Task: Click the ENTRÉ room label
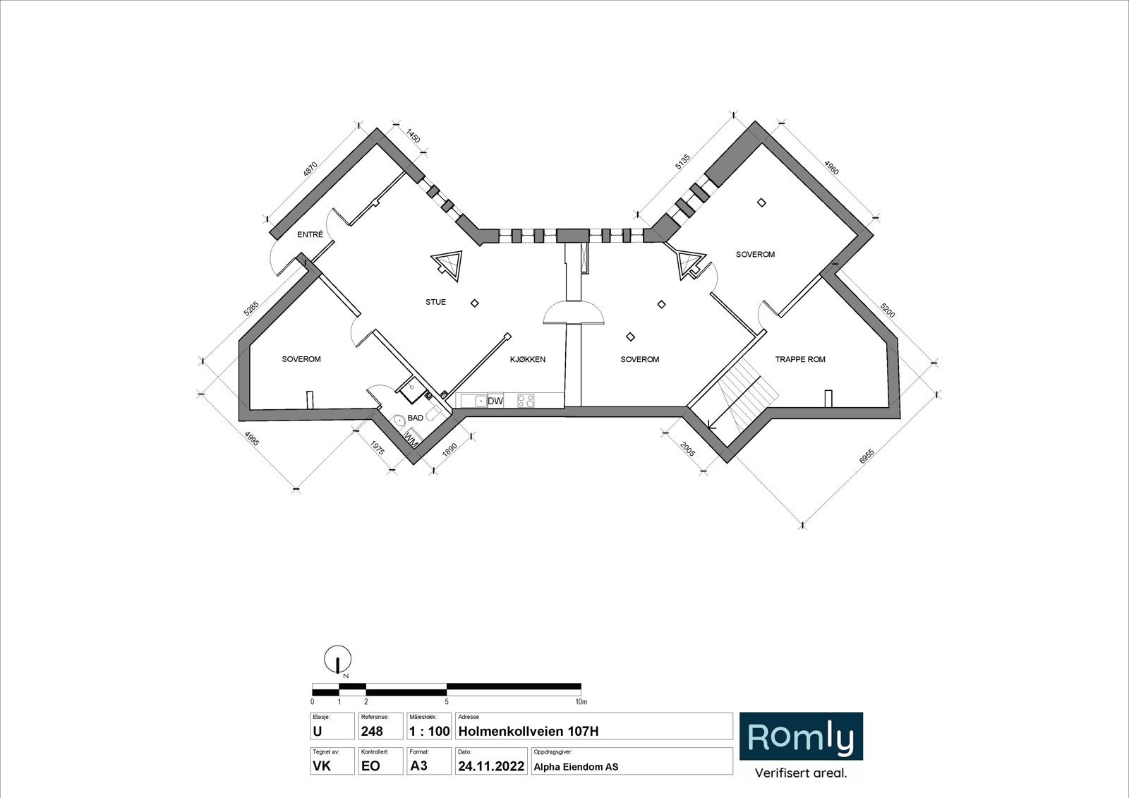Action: [310, 235]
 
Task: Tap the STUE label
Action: [435, 302]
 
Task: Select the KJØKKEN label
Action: [527, 359]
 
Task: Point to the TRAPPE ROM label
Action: [799, 359]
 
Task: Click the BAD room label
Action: [415, 418]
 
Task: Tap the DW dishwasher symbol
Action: [495, 401]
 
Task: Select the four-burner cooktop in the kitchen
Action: [526, 401]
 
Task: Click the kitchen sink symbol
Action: [474, 401]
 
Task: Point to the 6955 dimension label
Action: [867, 457]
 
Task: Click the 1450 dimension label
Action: [413, 135]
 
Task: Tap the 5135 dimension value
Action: [681, 162]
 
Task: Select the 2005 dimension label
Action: [688, 448]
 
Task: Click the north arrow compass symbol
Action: [337, 660]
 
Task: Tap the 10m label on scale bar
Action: [580, 702]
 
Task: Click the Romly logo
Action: [801, 737]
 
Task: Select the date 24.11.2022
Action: [490, 766]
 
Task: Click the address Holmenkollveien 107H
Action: [528, 732]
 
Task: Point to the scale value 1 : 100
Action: [429, 732]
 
